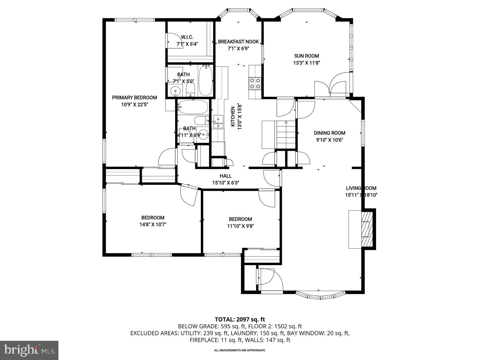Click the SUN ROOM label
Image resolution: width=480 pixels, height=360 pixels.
(306, 56)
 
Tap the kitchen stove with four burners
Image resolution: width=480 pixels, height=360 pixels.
(255, 83)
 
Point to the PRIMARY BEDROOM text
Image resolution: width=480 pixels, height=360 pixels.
(134, 98)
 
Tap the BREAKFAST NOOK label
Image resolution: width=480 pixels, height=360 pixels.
(238, 42)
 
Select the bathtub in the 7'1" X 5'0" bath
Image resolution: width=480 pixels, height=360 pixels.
(205, 81)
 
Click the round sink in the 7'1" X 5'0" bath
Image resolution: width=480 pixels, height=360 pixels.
(175, 90)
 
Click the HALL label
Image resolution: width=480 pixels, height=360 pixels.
(226, 176)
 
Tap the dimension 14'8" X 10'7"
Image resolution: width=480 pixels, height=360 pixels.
(153, 225)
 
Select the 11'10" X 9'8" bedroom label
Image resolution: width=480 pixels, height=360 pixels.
(240, 219)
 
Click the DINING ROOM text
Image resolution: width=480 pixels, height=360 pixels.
(329, 133)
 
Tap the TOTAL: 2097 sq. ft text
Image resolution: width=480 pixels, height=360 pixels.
(240, 319)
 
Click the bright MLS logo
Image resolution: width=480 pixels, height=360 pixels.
(29, 350)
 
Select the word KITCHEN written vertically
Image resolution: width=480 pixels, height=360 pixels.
(233, 117)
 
